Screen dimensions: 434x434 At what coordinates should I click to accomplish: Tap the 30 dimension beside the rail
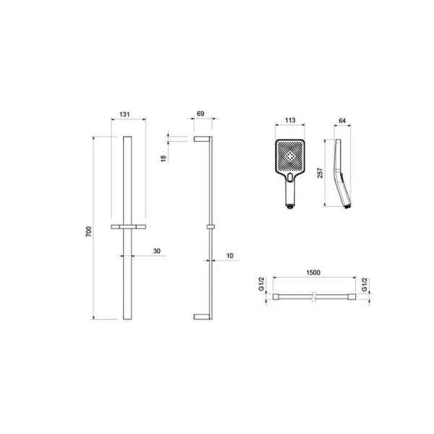tap(156, 250)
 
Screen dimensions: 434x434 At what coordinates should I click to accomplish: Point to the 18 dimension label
tap(164, 158)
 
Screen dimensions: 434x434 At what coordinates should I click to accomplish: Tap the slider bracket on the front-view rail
tap(128, 228)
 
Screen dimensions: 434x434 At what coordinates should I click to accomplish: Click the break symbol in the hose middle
tap(312, 297)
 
